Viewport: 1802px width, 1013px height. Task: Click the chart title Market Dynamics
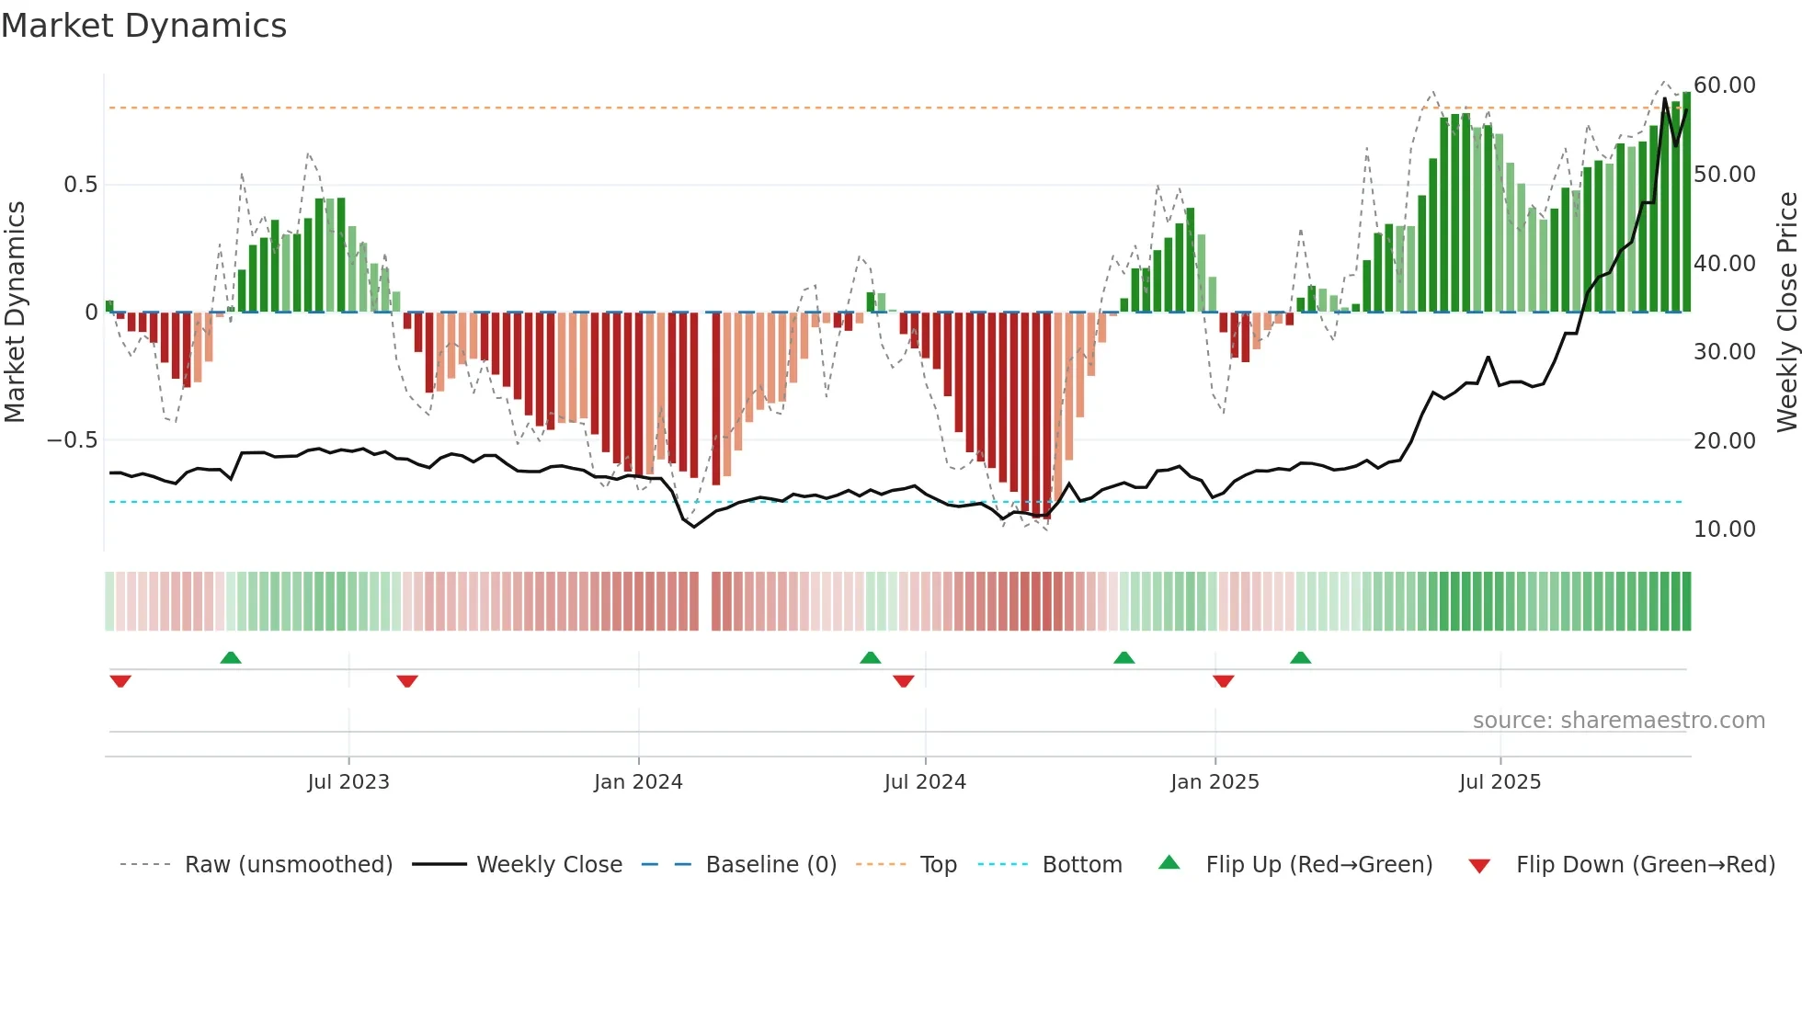coord(143,26)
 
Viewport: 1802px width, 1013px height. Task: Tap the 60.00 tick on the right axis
coord(1724,85)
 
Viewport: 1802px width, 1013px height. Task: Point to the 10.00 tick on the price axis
coord(1724,529)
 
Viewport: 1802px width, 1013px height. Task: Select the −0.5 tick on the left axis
coord(72,440)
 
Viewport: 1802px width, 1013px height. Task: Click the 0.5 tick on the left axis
coord(80,185)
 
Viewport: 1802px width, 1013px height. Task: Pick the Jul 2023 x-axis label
coord(348,782)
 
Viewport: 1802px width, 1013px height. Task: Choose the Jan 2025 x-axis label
coord(1215,782)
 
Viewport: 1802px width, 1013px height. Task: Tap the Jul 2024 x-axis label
coord(925,782)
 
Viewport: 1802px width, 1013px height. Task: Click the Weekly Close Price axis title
coord(1786,312)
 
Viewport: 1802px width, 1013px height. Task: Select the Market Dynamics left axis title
coord(15,312)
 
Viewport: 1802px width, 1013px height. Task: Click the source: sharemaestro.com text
coord(1618,721)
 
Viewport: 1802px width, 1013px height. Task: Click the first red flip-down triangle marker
coord(120,681)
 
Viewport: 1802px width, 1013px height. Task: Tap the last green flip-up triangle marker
coord(1300,657)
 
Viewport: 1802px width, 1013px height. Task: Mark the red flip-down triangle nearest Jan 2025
coord(1223,681)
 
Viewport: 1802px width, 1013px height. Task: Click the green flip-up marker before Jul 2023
coord(231,657)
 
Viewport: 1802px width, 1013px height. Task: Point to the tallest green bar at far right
coord(1686,202)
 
